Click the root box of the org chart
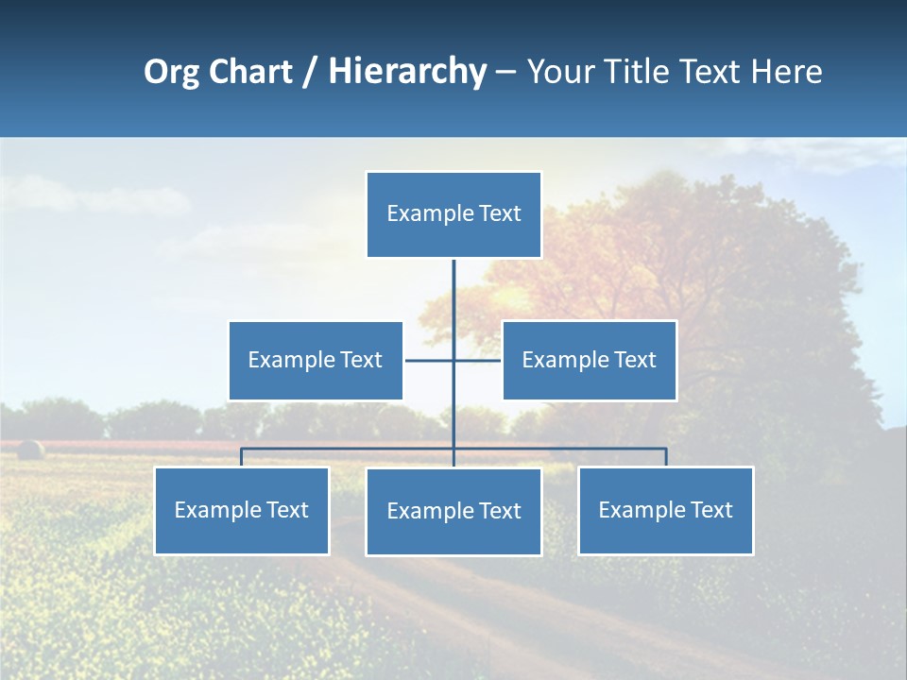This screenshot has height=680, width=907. click(x=453, y=214)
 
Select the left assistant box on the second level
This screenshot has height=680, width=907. click(x=316, y=360)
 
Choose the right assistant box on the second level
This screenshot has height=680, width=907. click(x=589, y=360)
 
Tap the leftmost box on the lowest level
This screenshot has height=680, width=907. click(x=241, y=510)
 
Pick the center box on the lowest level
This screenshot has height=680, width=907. click(x=453, y=511)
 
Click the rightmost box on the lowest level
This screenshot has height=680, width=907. click(x=665, y=510)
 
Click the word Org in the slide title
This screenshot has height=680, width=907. click(x=171, y=72)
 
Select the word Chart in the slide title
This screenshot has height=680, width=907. click(x=250, y=72)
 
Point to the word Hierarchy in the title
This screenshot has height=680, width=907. click(x=407, y=72)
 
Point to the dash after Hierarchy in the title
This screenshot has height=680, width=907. click(x=505, y=73)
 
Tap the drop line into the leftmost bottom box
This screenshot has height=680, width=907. click(x=241, y=457)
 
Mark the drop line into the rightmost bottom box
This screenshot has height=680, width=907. click(x=666, y=457)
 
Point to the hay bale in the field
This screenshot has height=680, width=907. click(x=31, y=449)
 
